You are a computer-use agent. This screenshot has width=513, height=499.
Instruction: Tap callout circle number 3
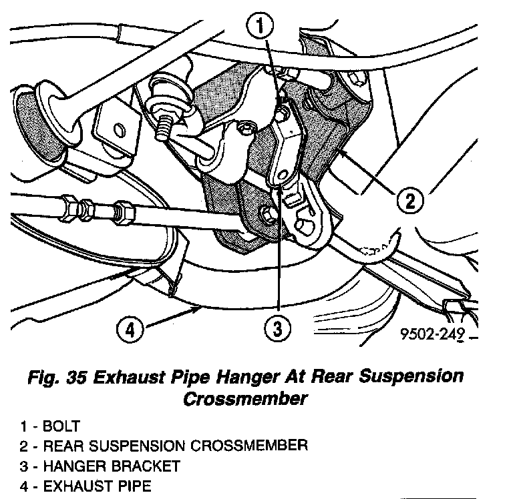click(x=277, y=328)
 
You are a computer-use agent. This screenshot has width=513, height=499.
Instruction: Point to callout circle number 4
click(x=132, y=329)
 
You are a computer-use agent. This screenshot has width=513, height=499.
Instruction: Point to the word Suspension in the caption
click(x=409, y=377)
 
